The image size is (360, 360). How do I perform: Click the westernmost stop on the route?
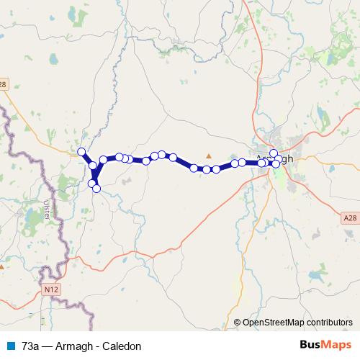[81, 152]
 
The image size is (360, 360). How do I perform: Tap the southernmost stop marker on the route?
[96, 189]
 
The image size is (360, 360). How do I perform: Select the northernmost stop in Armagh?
[274, 153]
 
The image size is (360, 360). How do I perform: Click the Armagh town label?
[275, 160]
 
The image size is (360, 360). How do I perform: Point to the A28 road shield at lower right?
[349, 217]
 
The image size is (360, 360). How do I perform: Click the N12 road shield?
[50, 289]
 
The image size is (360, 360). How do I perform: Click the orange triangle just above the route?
[209, 156]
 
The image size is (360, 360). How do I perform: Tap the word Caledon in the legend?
[121, 346]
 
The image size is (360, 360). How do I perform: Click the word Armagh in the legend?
[76, 346]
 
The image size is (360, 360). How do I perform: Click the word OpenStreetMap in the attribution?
[271, 323]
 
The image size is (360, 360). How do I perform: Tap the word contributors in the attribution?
[328, 323]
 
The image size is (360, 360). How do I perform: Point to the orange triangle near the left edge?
[2, 266]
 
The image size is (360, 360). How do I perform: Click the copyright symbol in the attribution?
[237, 323]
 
